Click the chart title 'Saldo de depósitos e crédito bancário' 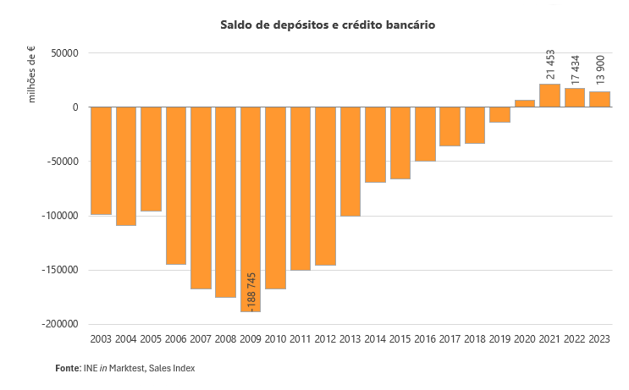point(328,25)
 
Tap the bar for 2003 point(101,161)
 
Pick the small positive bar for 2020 point(525,103)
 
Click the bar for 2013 point(350,161)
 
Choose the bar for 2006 point(176,185)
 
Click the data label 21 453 point(550,65)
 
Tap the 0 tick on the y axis point(75,107)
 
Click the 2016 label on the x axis point(425,339)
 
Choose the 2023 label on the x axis point(599,339)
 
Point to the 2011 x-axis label point(301,339)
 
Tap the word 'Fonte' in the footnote point(68,369)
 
